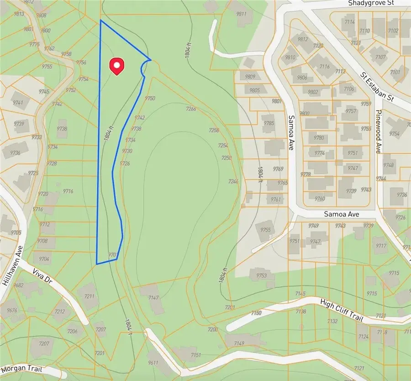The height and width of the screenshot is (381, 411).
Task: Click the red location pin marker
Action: (117, 66)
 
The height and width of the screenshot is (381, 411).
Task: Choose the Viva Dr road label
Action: (43, 278)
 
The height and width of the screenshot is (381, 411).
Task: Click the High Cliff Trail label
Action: (342, 311)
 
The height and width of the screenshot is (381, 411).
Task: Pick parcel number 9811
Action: (241, 14)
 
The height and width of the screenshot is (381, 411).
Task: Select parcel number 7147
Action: (153, 298)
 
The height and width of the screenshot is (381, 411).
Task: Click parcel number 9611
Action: (153, 363)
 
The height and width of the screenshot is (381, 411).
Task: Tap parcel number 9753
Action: (261, 275)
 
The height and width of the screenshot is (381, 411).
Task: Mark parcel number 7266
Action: (191, 109)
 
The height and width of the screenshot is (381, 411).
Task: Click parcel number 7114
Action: (350, 22)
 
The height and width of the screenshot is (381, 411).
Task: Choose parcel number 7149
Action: (239, 344)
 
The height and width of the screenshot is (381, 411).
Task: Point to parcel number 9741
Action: (18, 103)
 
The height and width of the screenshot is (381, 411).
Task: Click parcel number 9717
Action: (381, 246)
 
